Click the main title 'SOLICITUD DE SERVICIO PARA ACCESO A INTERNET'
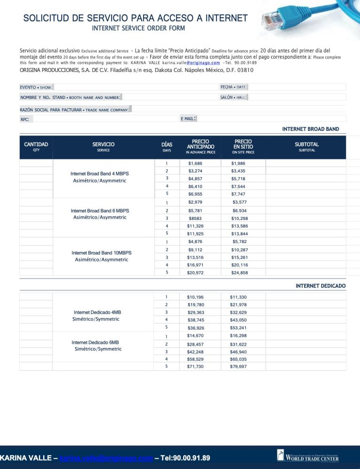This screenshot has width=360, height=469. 135,18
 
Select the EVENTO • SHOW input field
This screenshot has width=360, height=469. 134,87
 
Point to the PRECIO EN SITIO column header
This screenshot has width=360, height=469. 243,146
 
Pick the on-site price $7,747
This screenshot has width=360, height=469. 238,194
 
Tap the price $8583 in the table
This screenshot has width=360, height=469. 195,219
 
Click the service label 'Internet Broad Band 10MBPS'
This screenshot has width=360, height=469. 101,253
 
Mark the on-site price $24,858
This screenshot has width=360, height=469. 239,272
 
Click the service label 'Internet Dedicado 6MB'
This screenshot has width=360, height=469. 95,342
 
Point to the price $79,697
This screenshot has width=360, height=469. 238,366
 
